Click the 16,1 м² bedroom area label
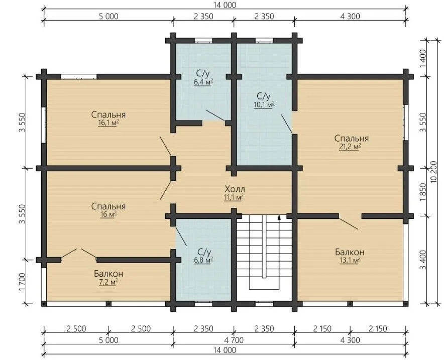tap(108, 123)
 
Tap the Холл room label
tap(235, 189)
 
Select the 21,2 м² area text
tap(350, 147)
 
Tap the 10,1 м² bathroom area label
tap(265, 104)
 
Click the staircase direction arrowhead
tap(279, 217)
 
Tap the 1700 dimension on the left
tap(23, 282)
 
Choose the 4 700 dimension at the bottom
tap(234, 339)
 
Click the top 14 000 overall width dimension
tap(225, 5)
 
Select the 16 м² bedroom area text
tap(107, 214)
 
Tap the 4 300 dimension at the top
tap(350, 16)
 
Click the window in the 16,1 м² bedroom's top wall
tap(79, 76)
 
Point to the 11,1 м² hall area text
tap(234, 197)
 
